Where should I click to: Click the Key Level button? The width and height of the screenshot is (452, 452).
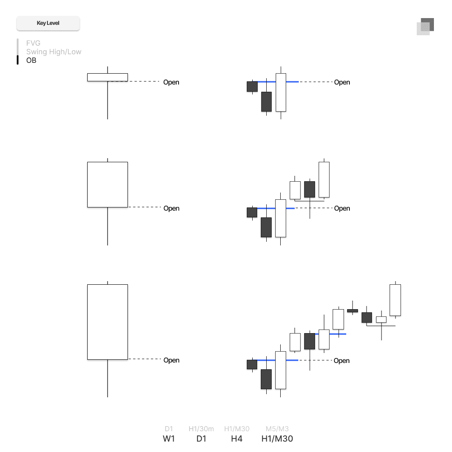pos(48,23)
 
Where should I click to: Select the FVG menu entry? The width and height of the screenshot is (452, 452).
pos(33,43)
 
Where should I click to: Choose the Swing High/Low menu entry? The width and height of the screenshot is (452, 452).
pos(53,52)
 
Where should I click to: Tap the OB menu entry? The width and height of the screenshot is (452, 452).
pos(31,60)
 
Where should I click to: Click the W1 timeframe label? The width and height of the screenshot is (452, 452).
pos(169,438)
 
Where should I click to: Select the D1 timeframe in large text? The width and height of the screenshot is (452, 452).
pos(201,438)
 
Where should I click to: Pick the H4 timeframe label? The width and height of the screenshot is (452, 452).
pos(236,438)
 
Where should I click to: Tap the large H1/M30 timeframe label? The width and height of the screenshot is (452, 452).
pos(277,438)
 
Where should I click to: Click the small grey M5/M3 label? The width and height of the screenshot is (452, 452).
pos(277,428)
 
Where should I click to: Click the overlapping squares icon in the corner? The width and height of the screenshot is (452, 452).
pos(425,26)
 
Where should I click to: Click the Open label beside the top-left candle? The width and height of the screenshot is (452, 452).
pos(171,82)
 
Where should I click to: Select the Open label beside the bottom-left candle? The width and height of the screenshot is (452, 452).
pos(171,360)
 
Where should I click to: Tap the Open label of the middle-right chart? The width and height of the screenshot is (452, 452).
pos(342,208)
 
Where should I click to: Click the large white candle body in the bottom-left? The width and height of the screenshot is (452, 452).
pos(108,322)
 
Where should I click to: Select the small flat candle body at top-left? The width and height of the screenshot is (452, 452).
pos(108,77)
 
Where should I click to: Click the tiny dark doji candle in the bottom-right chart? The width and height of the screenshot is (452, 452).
pos(353,311)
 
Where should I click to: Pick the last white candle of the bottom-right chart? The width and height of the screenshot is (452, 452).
pos(395,300)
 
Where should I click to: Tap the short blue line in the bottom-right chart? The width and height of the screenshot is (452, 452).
pos(338,334)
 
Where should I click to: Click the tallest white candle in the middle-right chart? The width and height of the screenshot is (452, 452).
pos(281,218)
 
